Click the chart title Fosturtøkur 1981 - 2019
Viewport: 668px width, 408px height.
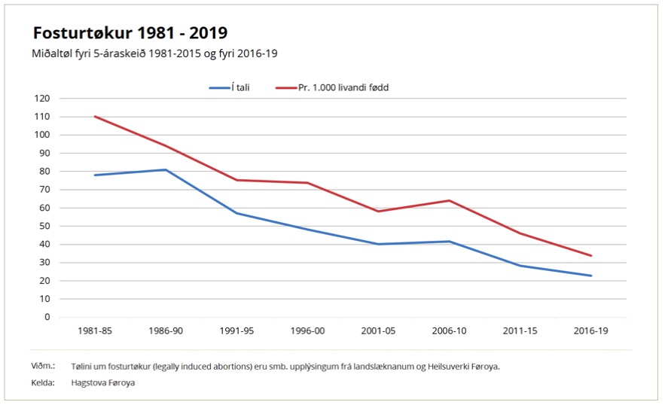(x=130, y=33)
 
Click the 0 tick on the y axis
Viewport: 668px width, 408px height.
(x=47, y=317)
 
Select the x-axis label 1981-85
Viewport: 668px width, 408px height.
(x=95, y=330)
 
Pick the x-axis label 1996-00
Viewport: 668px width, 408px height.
(x=307, y=330)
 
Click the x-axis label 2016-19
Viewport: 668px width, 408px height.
(x=591, y=330)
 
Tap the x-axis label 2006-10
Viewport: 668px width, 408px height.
(x=450, y=330)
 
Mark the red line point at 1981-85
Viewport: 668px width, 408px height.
(x=95, y=117)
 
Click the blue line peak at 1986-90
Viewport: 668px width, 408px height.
(x=166, y=169)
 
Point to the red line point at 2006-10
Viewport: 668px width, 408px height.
(x=450, y=200)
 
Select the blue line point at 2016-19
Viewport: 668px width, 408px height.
(x=591, y=276)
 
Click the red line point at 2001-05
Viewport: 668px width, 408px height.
(x=378, y=212)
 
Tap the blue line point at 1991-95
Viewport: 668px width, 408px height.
(x=236, y=213)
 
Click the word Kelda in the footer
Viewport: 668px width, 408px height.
(x=43, y=382)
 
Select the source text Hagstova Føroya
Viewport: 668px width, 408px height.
(x=102, y=382)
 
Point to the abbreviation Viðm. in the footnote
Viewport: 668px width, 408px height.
(x=44, y=366)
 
